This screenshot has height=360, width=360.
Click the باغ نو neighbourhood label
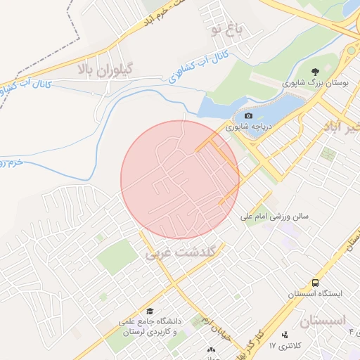[x=229, y=30]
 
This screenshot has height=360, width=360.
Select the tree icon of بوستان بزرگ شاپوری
[x=316, y=71]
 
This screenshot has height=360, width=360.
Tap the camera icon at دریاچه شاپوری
[x=248, y=115]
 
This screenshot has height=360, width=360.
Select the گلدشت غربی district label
[x=184, y=251]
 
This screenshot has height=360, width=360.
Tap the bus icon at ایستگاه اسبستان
[x=316, y=283]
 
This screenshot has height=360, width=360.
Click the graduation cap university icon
[x=149, y=311]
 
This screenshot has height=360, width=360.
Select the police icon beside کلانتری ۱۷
[x=285, y=335]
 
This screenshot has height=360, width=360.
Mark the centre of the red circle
[x=180, y=180]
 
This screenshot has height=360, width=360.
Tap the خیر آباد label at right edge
[x=341, y=127]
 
